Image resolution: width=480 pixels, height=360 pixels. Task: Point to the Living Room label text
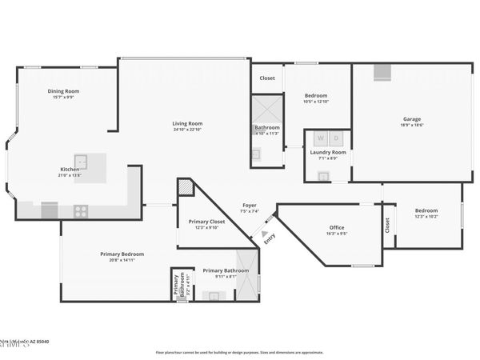coord(187,123)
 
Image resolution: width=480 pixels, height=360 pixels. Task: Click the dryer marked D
coord(336,138)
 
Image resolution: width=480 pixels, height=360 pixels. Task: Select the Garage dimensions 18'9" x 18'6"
coord(411,124)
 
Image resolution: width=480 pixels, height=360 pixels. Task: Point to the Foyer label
coord(250,206)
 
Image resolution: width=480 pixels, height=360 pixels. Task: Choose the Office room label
coord(337,227)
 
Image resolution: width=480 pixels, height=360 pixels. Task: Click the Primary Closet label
coord(206,222)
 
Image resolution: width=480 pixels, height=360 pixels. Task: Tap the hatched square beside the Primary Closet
coord(185,187)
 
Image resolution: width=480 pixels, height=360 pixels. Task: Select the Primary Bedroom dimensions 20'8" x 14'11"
coord(122,260)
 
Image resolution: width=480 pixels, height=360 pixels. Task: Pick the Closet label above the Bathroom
coord(267,78)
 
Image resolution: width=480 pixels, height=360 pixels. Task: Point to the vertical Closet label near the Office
coord(387,226)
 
